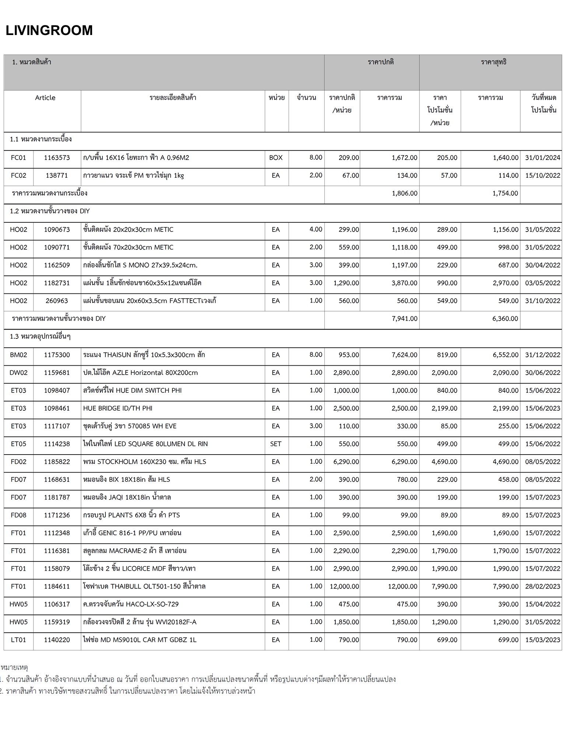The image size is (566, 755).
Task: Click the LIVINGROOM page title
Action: point(49,31)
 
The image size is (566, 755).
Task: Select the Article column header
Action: point(45,98)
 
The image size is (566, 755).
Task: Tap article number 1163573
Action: point(57,158)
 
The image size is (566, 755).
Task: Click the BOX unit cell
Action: point(276,158)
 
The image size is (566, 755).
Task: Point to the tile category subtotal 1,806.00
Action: point(405,193)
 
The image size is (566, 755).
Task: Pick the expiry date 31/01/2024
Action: point(542,158)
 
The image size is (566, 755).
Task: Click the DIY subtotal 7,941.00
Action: point(405,319)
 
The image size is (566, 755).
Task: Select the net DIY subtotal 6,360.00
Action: point(505,319)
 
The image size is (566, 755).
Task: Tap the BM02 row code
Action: point(18,355)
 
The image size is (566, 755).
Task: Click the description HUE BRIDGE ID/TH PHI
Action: point(118,408)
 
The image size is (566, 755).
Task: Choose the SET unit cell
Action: point(276,444)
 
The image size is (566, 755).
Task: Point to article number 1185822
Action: point(57,462)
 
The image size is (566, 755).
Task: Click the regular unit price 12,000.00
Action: point(344,586)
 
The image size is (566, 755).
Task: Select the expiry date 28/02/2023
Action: point(542,586)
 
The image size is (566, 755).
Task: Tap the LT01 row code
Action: point(18,640)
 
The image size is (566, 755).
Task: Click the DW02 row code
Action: point(18,373)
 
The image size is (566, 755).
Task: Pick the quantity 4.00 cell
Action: point(316,229)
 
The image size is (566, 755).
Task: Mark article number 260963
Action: point(57,301)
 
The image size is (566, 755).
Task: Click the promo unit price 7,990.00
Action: point(444,586)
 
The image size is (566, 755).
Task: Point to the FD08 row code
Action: point(18,515)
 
